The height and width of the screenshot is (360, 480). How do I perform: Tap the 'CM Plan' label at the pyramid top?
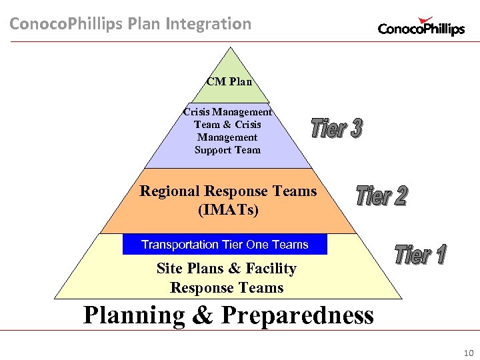[x=229, y=82]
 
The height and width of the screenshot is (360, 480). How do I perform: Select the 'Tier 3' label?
[x=337, y=128]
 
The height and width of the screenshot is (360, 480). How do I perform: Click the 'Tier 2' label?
[x=381, y=195]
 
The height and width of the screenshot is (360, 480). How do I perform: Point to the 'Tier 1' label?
[x=421, y=254]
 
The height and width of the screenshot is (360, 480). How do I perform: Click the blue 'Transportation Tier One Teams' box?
[x=225, y=245]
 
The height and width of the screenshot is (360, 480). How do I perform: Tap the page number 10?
[x=467, y=352]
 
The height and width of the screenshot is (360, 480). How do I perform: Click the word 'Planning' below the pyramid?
[x=134, y=315]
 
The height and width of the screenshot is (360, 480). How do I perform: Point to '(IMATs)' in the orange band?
[x=228, y=210]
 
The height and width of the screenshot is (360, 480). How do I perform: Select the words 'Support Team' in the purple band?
[x=227, y=150]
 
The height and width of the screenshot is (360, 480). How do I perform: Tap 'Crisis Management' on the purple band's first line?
[x=227, y=112]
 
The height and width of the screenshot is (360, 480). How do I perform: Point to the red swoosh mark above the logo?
[x=424, y=21]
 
